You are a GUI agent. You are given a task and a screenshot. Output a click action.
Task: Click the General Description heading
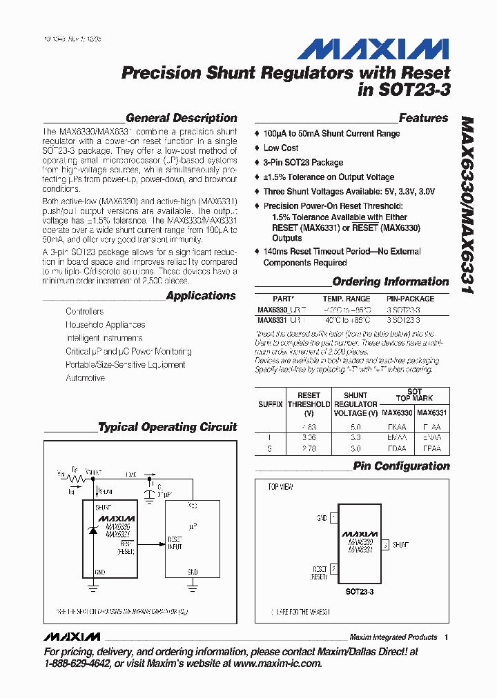click(x=181, y=118)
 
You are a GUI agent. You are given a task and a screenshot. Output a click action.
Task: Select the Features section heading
click(x=423, y=118)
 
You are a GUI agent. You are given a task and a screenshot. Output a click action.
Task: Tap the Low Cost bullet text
click(x=281, y=148)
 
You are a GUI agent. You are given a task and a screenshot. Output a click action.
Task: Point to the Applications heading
click(x=201, y=296)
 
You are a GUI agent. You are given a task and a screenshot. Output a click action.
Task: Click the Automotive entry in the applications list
click(x=85, y=378)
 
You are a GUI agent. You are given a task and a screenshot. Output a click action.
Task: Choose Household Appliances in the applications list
click(x=105, y=324)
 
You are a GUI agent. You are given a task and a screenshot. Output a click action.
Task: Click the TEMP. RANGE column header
click(x=347, y=299)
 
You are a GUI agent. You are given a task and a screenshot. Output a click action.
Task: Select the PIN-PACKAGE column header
click(x=410, y=299)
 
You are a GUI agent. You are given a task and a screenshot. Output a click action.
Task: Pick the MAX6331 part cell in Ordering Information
click(x=271, y=320)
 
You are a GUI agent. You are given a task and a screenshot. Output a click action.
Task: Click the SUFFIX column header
click(x=271, y=404)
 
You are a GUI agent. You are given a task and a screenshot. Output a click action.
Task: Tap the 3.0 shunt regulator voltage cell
click(x=356, y=448)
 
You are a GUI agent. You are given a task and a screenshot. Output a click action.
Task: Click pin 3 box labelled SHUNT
click(x=385, y=544)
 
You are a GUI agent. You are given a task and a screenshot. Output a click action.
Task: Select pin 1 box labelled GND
click(x=334, y=517)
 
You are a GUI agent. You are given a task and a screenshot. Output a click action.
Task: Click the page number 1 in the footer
click(x=447, y=637)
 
